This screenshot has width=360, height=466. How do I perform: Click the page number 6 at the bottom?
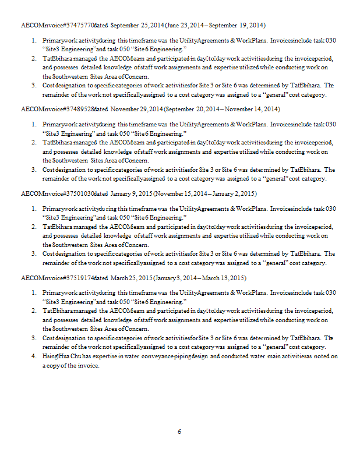click(179, 432)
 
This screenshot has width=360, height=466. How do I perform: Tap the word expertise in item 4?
click(107, 356)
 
